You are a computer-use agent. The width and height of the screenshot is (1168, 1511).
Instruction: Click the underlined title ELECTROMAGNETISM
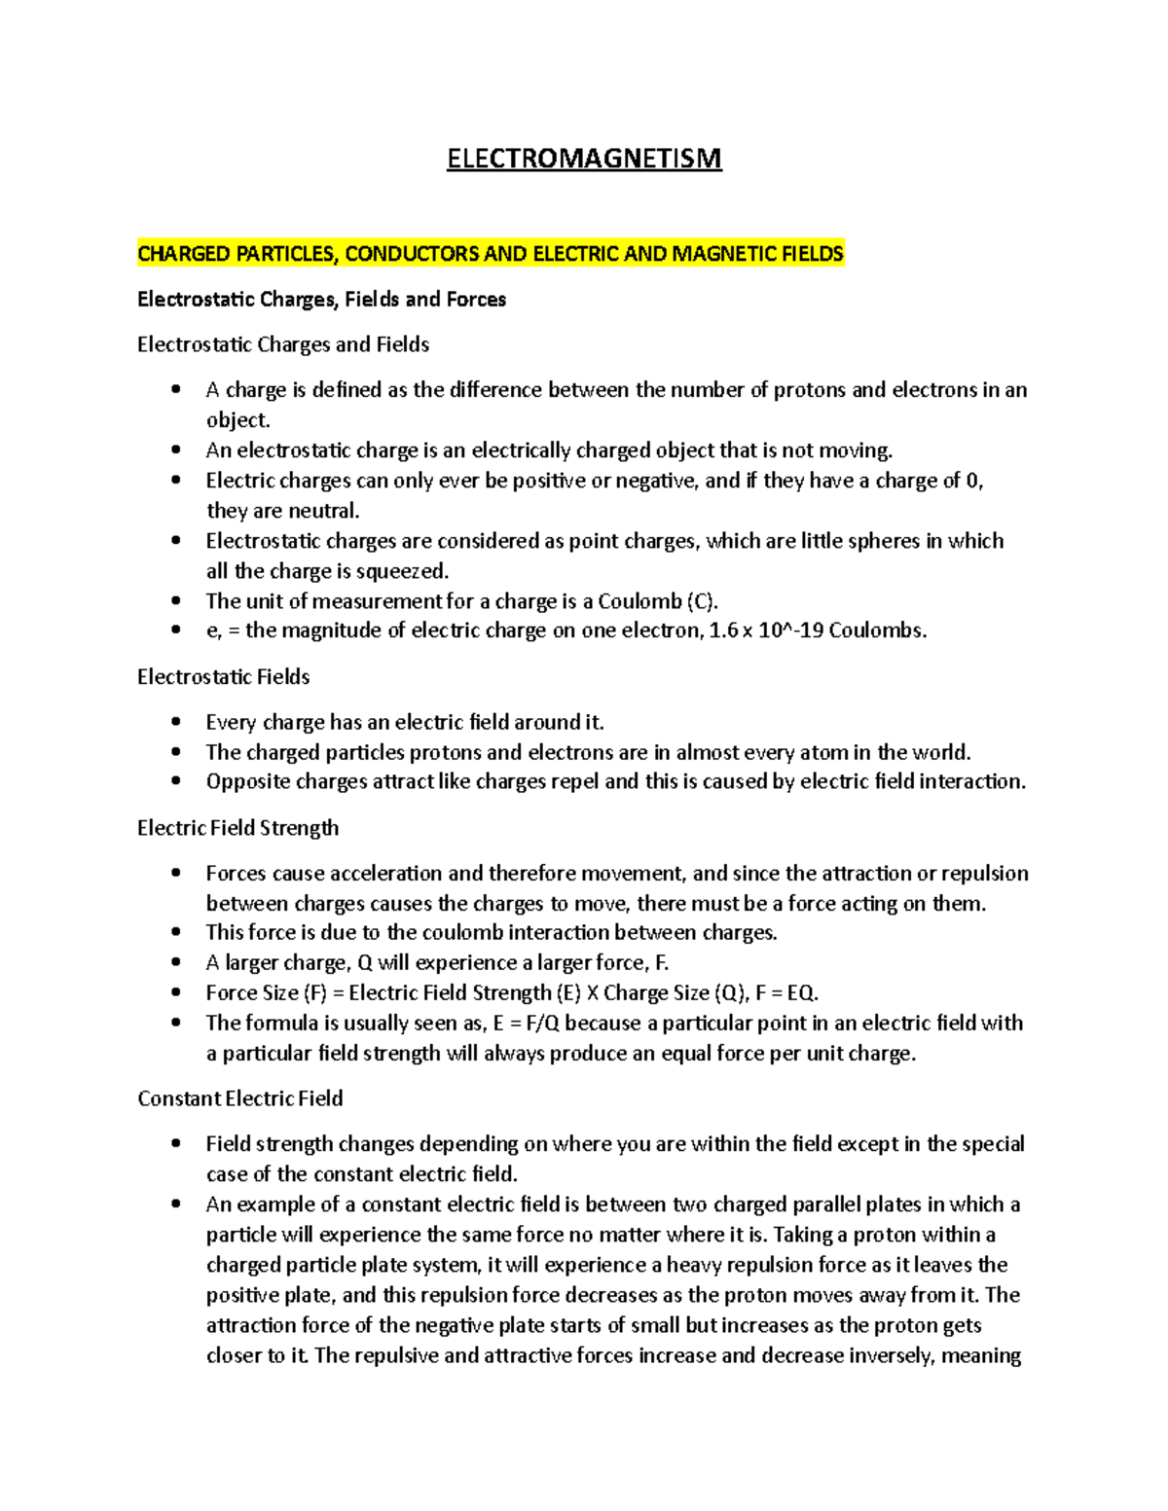[x=584, y=159]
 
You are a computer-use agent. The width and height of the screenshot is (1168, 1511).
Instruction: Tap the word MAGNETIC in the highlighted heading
[x=724, y=254]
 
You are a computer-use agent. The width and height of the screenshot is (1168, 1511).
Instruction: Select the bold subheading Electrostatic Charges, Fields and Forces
[x=321, y=300]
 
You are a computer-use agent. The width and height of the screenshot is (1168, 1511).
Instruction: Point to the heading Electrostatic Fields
[x=224, y=677]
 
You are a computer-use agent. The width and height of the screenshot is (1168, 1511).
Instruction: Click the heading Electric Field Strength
[x=238, y=828]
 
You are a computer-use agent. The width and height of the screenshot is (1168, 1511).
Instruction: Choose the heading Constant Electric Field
[x=240, y=1098]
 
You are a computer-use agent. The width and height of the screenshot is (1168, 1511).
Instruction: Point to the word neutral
[x=323, y=511]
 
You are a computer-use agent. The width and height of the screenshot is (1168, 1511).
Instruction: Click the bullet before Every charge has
[x=176, y=722]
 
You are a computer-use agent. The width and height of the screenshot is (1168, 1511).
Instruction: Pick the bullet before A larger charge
[x=176, y=963]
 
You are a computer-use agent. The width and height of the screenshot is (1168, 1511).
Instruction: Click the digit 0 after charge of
[x=973, y=481]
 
